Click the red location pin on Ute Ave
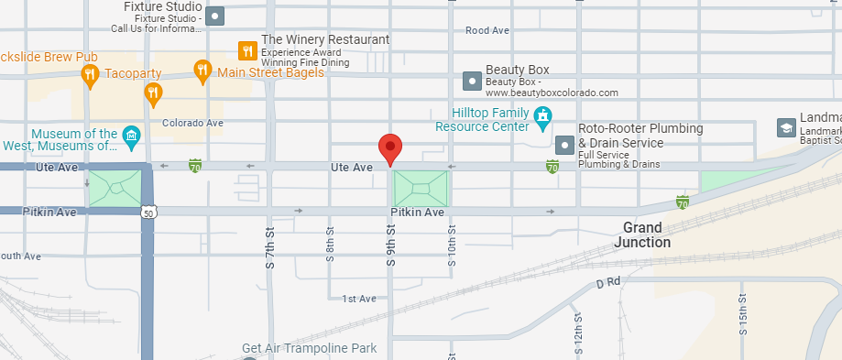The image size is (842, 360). (391, 148)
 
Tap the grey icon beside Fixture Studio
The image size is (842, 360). (215, 16)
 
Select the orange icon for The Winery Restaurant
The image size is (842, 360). (246, 49)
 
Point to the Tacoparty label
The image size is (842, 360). (133, 73)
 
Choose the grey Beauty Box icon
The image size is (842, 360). (472, 81)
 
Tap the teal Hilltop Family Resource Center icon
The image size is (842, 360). (543, 116)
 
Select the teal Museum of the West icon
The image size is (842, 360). (131, 137)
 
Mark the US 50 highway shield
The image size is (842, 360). (148, 212)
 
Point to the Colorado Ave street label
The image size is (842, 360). (192, 122)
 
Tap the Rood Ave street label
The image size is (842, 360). (487, 30)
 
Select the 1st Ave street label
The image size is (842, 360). (359, 299)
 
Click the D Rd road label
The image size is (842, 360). (608, 284)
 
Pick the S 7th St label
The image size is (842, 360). (270, 248)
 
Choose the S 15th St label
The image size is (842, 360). (744, 313)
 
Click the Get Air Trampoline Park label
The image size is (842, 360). (309, 348)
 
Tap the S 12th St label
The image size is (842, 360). (578, 332)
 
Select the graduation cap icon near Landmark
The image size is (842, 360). (785, 127)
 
